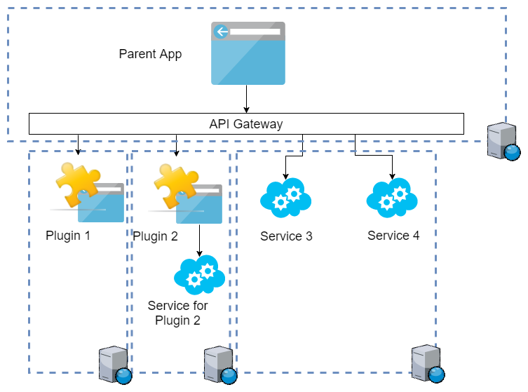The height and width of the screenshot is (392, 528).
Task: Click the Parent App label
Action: click(150, 54)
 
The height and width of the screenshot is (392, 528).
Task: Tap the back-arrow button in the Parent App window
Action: click(222, 32)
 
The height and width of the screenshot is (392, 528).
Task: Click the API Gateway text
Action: click(246, 124)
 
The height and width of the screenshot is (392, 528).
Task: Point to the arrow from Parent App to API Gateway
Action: click(246, 98)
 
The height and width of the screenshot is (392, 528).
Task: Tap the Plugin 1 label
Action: click(68, 236)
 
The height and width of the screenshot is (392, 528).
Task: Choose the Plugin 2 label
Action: click(155, 236)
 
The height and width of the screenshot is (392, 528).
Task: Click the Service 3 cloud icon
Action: click(285, 197)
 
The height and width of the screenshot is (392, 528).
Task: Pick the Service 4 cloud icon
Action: click(392, 196)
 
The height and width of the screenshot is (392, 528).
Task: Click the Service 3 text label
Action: click(286, 236)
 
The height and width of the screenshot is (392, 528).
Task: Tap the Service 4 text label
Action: click(393, 236)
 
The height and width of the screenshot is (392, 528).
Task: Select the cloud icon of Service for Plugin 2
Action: click(199, 275)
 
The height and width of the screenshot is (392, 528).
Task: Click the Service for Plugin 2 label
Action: click(178, 313)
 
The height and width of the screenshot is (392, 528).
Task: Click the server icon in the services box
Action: click(427, 364)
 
